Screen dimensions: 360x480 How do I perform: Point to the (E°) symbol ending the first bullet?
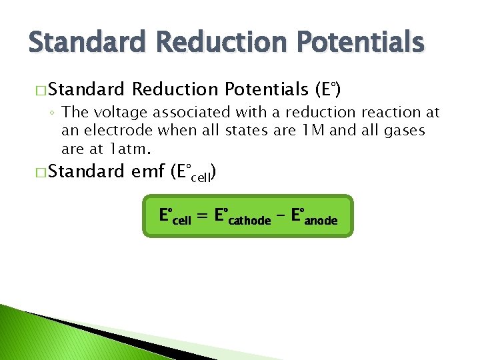[328, 89]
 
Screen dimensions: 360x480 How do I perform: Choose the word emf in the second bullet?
[147, 172]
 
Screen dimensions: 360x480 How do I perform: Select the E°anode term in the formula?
[315, 217]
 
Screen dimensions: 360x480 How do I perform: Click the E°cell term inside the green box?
[175, 217]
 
